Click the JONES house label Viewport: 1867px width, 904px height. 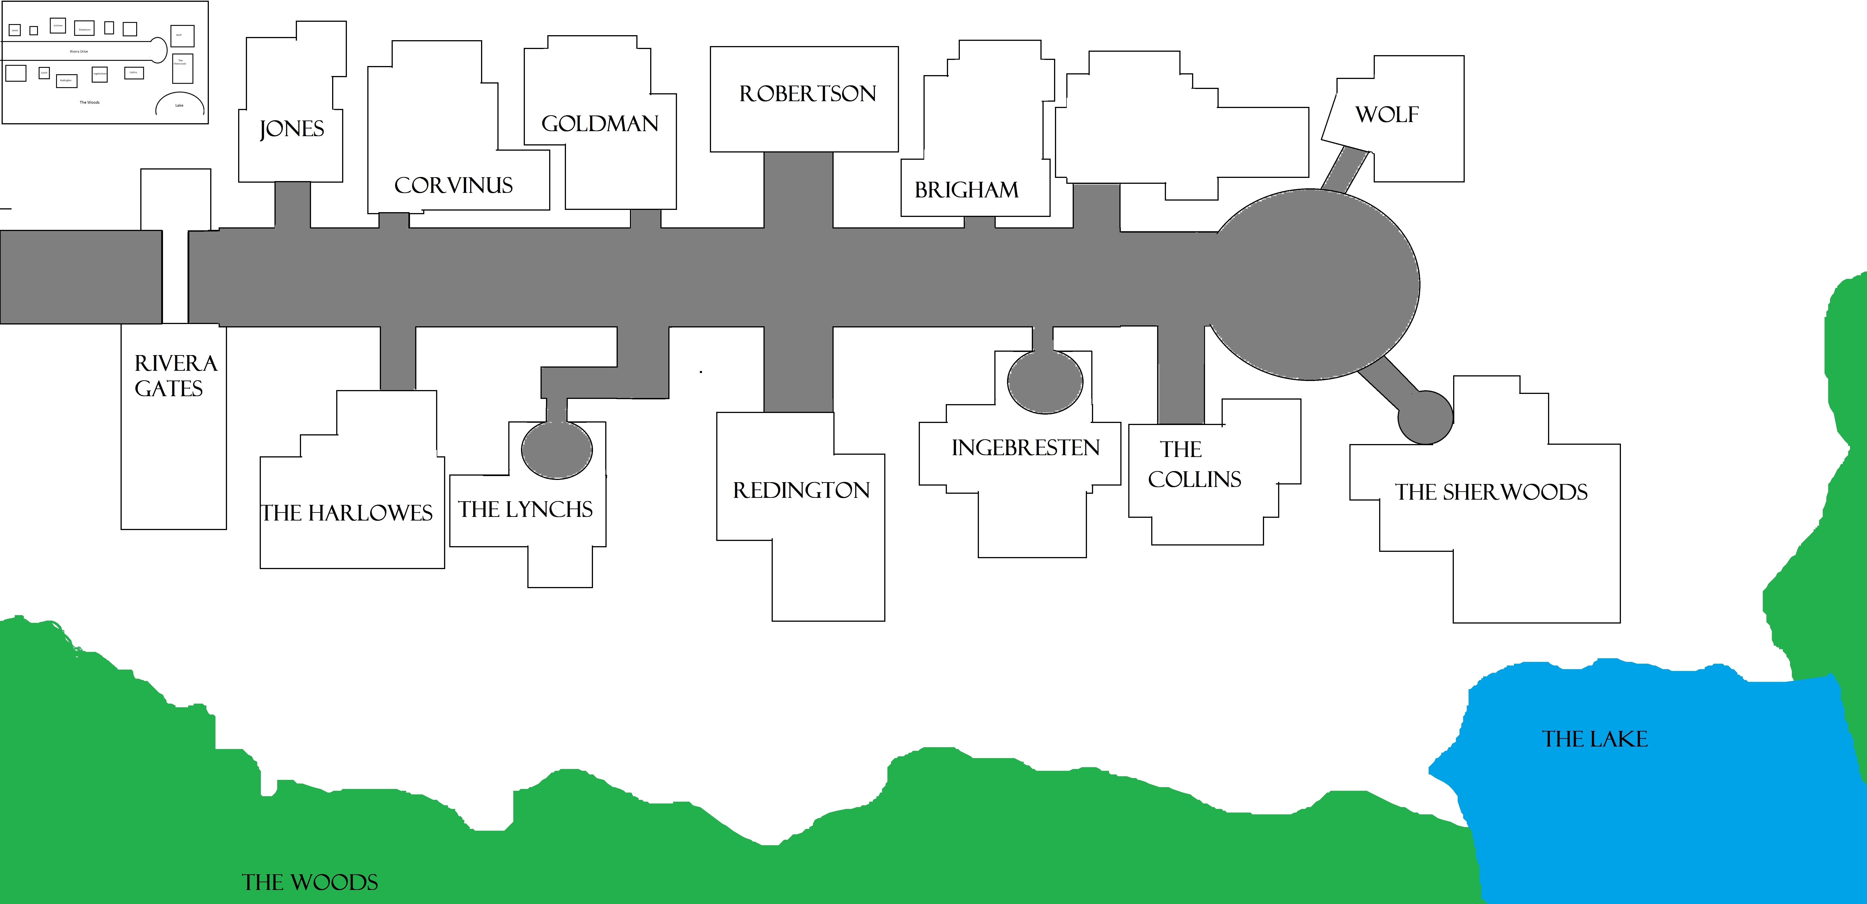291,129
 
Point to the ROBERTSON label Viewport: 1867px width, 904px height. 807,93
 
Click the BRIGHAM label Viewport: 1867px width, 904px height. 966,190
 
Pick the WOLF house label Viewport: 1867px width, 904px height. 1386,114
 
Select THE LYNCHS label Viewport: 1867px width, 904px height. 526,509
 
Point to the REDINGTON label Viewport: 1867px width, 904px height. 801,490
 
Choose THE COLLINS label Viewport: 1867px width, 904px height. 1194,464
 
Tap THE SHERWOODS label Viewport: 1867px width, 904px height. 1491,492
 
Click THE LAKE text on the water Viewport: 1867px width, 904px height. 1595,739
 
